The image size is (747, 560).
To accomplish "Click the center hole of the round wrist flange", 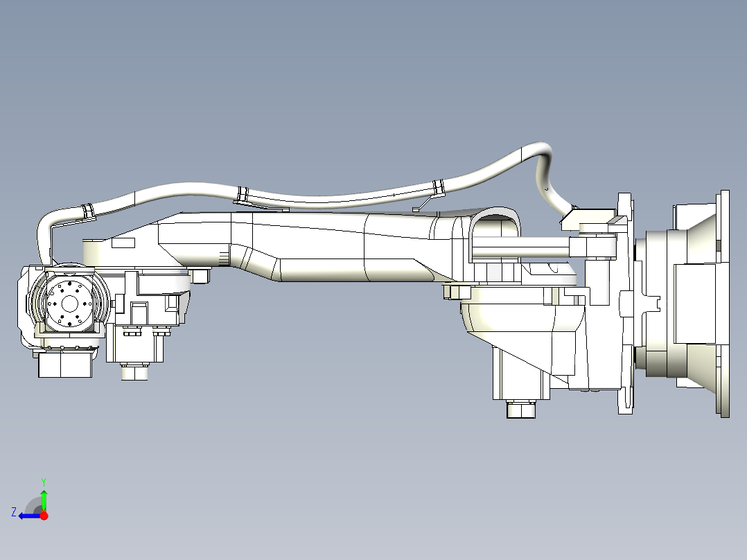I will pos(70,303).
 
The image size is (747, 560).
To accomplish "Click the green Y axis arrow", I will pos(44,498).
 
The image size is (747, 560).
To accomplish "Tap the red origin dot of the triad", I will pos(44,516).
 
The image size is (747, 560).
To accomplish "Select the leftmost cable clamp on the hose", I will pos(89,209).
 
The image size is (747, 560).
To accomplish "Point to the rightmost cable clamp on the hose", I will pos(438,186).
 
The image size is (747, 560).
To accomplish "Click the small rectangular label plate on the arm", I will pos(123,244).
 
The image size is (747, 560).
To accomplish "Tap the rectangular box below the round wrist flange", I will pos(65,365).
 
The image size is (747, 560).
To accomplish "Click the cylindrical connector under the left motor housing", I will pos(135,372).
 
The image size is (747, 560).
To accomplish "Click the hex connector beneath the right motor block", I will pos(521,410).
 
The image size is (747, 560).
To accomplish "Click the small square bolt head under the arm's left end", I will pos(202,276).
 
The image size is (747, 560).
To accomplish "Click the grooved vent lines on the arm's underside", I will pos(223,259).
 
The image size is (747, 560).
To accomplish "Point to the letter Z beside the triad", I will pos(14,512).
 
